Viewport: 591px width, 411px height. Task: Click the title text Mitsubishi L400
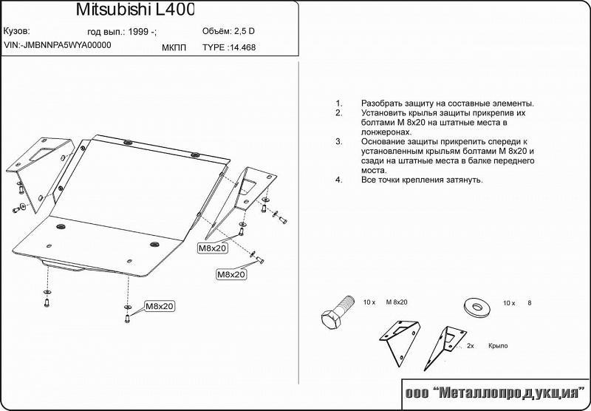[x=135, y=10]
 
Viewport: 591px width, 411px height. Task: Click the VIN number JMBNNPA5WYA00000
[x=66, y=45]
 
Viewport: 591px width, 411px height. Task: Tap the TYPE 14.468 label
[x=229, y=47]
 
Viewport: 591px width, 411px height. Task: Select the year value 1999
[x=138, y=32]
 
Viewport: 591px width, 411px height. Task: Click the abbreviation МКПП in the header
[x=174, y=48]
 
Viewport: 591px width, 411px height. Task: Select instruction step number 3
[x=339, y=142]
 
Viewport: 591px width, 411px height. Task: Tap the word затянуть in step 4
[x=465, y=180]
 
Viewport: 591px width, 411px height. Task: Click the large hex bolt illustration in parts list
[x=338, y=311]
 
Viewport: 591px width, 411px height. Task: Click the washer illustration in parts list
[x=476, y=306]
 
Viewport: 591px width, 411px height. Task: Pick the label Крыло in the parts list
[x=498, y=346]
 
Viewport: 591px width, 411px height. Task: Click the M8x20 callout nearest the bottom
[x=160, y=306]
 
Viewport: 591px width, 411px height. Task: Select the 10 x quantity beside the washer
[x=509, y=303]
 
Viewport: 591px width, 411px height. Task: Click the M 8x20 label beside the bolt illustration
[x=397, y=302]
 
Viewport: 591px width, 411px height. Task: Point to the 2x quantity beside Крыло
[x=471, y=346]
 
